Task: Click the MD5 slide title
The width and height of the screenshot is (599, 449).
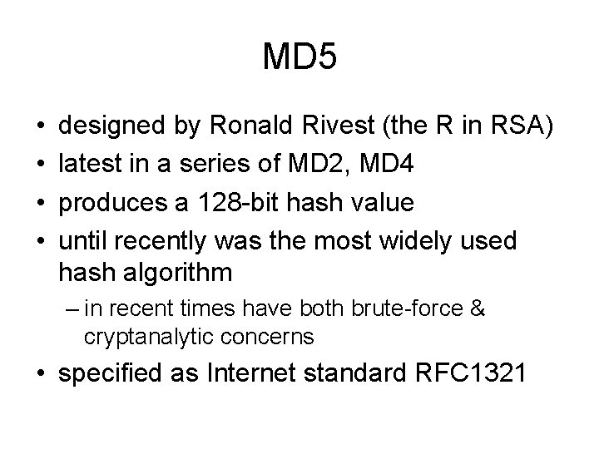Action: tap(299, 58)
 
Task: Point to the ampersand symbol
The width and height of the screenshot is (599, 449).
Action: tap(478, 310)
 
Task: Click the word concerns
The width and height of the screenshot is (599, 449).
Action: tap(272, 337)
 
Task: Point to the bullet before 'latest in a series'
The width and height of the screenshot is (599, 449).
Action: tap(42, 165)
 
